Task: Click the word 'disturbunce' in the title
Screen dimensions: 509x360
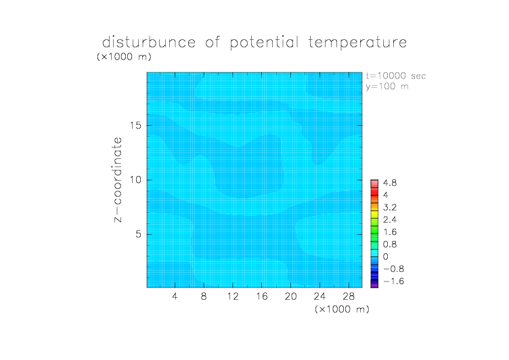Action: pos(149,42)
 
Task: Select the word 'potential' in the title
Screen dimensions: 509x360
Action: pos(264,43)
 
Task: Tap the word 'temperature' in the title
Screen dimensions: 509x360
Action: pos(357,43)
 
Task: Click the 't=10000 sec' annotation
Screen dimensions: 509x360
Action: pos(396,76)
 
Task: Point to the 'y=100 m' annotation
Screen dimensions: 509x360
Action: pos(387,87)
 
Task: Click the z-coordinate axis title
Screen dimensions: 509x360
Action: pos(118,179)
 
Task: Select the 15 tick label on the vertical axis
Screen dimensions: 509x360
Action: pos(135,125)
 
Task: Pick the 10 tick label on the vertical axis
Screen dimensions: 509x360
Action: pos(135,180)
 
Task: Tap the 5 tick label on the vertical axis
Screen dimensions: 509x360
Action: pos(139,234)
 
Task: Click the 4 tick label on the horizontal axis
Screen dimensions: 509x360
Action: pos(175,296)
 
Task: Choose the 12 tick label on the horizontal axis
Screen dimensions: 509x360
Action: pos(233,296)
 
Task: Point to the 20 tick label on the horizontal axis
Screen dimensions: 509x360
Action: pos(291,296)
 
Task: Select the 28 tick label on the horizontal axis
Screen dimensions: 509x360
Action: pos(349,296)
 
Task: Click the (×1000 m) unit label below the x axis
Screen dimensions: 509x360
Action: pos(342,309)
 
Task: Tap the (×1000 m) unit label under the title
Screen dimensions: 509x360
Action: pos(124,56)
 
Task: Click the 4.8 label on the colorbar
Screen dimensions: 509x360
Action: pos(390,183)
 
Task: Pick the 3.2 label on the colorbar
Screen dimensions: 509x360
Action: pos(390,208)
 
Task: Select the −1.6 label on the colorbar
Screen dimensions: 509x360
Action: pos(394,281)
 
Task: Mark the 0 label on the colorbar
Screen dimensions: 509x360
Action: pos(386,256)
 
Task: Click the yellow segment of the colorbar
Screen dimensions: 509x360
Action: pos(374,215)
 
